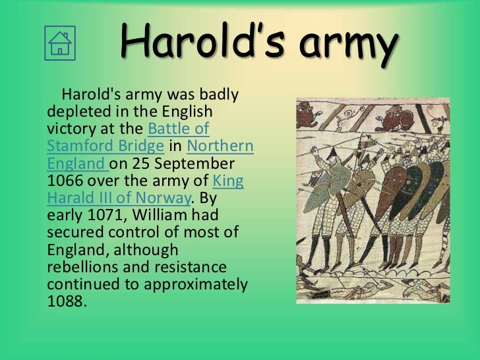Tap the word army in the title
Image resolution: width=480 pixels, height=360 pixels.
[x=349, y=44]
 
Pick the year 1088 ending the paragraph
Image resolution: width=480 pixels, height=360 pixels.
[x=67, y=302]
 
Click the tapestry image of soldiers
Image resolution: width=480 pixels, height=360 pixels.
[x=373, y=200]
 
